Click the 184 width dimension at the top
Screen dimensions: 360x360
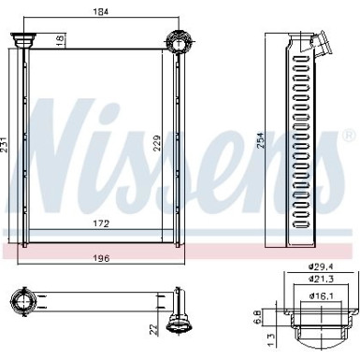98,12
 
